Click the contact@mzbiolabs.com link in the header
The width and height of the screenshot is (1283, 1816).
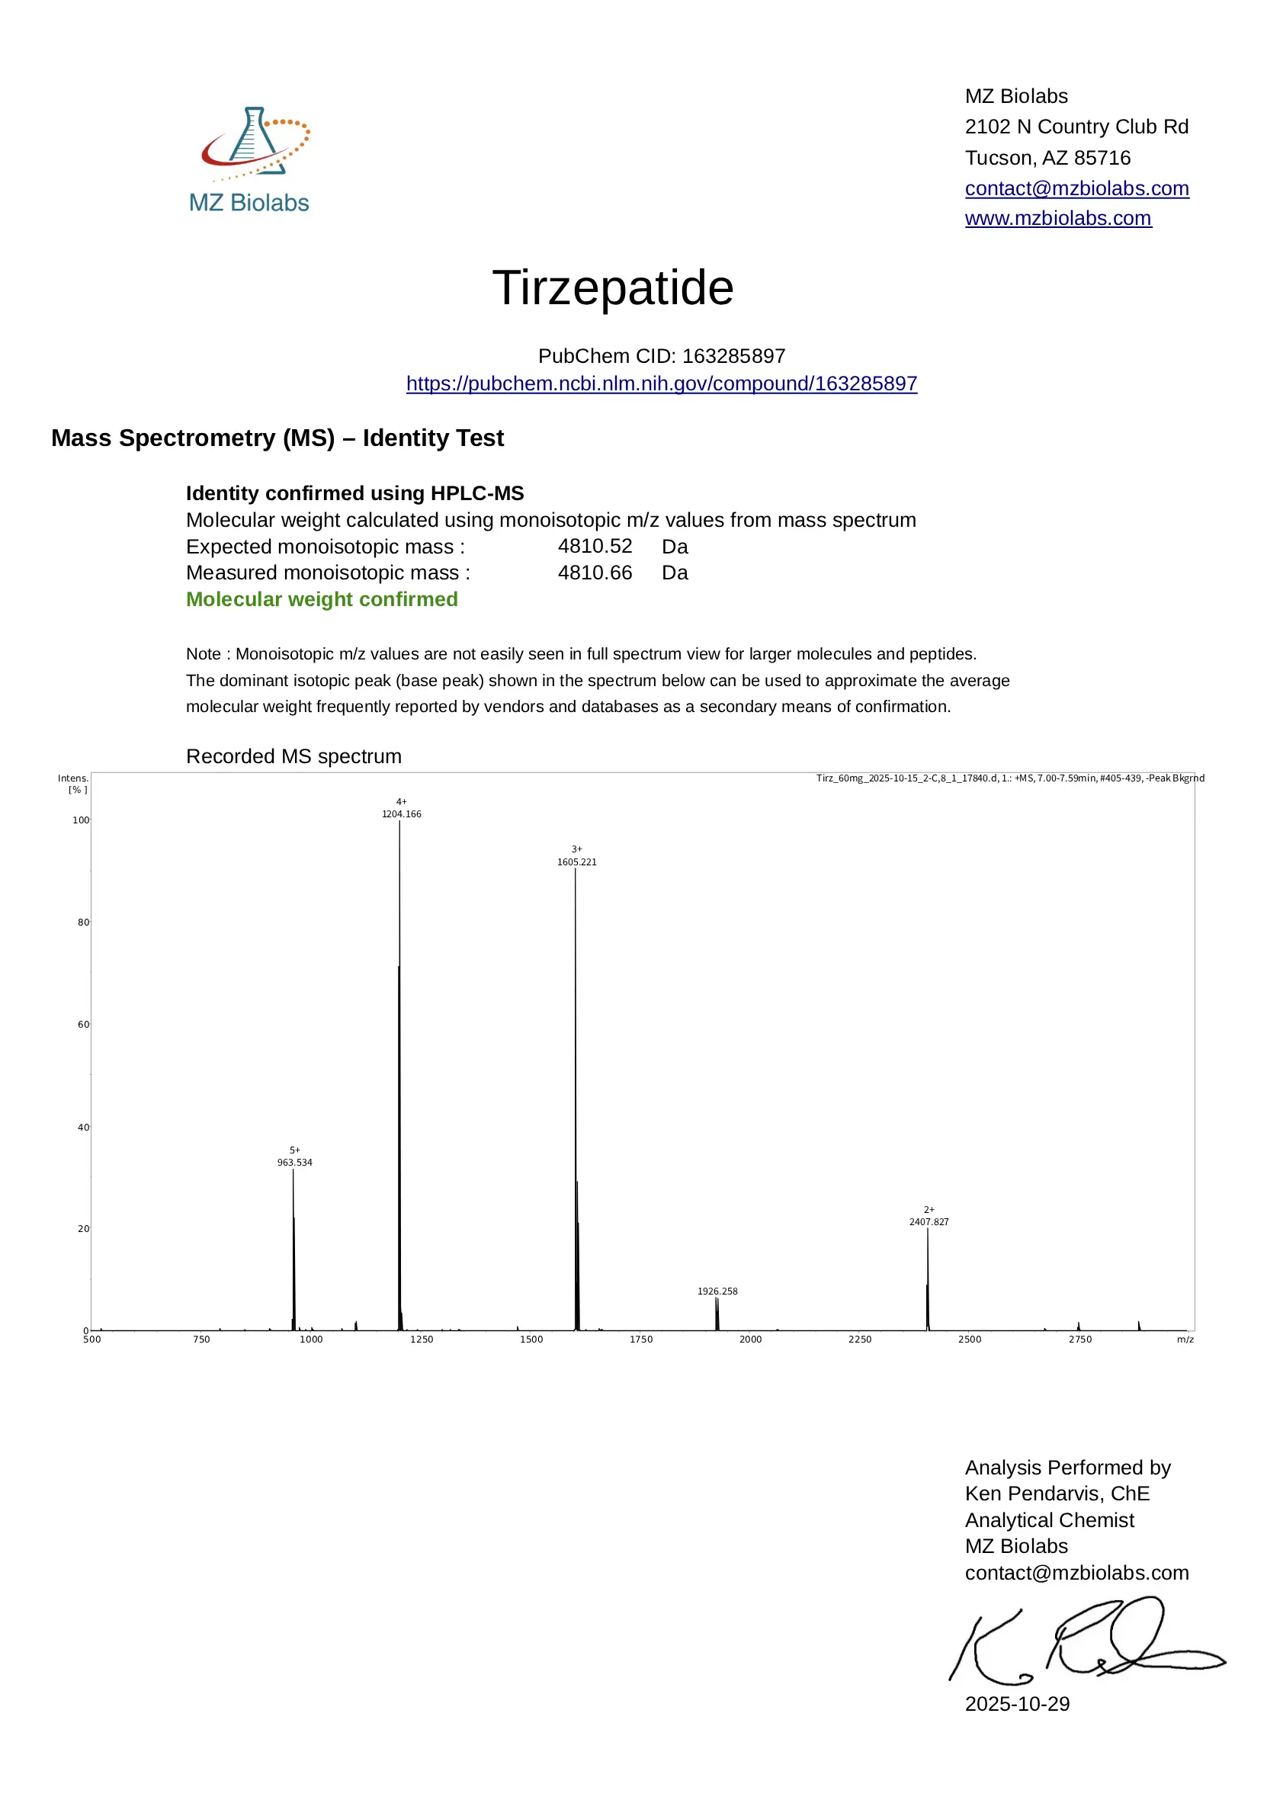[1076, 188]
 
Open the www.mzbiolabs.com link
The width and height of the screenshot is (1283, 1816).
[1057, 218]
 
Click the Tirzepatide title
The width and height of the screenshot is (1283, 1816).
[613, 287]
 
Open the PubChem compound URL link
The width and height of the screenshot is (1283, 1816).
[661, 383]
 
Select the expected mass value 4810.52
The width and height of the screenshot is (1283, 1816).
[595, 547]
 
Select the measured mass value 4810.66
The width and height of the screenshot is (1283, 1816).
[595, 573]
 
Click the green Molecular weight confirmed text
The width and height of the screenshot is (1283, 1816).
[322, 599]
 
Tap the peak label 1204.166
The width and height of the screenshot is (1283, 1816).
[401, 814]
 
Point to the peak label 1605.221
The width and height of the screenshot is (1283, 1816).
[576, 862]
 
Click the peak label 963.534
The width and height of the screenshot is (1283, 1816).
[294, 1163]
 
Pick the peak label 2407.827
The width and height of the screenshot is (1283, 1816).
[929, 1222]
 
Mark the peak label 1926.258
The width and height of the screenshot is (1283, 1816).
[717, 1291]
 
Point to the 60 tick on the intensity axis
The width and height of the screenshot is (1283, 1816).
[83, 1025]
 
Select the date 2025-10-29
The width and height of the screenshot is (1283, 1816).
[1017, 1704]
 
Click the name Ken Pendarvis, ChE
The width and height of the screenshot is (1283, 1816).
[1057, 1494]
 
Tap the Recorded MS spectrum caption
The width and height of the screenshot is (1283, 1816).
[293, 756]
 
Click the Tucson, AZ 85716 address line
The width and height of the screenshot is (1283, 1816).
[1047, 157]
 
